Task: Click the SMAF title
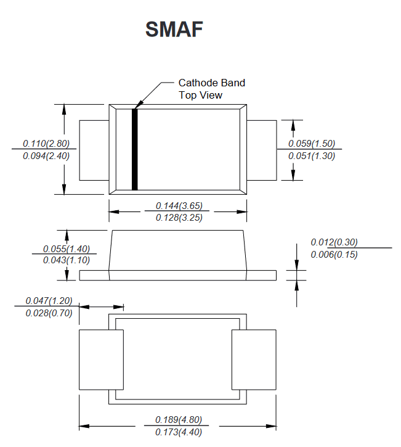tap(174, 29)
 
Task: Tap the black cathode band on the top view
tap(135, 149)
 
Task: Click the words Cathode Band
tap(212, 83)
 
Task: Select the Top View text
tap(200, 95)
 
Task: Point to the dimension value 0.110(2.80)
tap(46, 143)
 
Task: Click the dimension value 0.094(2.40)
tap(46, 155)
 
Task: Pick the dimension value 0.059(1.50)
tap(312, 143)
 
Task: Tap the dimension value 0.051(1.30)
tap(312, 155)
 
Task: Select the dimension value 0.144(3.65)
tap(179, 205)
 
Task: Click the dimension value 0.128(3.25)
tap(179, 218)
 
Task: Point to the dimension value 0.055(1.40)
tap(67, 248)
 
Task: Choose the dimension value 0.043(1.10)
tap(67, 260)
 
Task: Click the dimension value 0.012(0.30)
tap(334, 242)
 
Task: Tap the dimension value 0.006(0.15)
tap(334, 254)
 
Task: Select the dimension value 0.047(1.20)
tap(49, 300)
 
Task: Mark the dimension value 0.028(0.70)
tap(49, 313)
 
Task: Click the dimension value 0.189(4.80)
tap(179, 420)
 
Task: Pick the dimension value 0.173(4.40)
tap(179, 432)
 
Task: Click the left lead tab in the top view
tap(94, 150)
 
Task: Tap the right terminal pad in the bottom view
tap(254, 360)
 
